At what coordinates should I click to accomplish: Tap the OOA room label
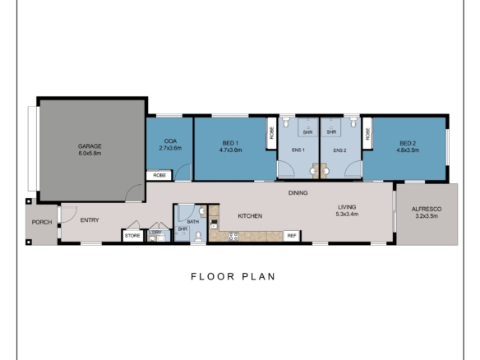(x=172, y=142)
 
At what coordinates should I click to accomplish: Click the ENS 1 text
(x=298, y=150)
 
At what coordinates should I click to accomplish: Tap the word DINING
(x=298, y=193)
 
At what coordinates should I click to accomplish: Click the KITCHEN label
(x=250, y=215)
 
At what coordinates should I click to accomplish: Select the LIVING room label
(x=347, y=209)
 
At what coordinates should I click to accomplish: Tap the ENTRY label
(x=90, y=219)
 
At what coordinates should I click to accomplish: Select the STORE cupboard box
(x=132, y=236)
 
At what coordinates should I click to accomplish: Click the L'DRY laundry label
(x=155, y=233)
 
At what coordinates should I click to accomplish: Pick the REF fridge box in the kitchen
(x=291, y=236)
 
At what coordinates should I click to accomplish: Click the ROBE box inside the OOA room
(x=159, y=176)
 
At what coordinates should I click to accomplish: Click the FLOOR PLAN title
(x=233, y=276)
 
